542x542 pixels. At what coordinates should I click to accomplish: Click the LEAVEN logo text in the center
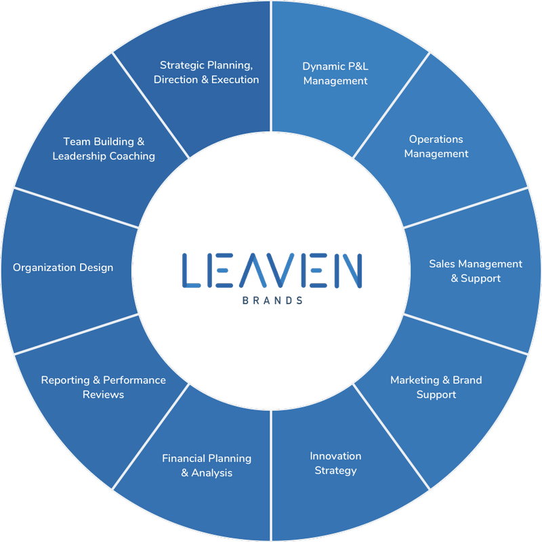click(272, 269)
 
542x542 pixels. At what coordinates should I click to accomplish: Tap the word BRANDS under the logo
click(272, 299)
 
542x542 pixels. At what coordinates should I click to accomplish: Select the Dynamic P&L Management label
click(335, 73)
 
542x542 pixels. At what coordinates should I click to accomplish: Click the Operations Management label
click(436, 146)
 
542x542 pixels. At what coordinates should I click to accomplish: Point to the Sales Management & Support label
click(476, 271)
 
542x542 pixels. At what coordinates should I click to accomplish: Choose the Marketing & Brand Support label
click(436, 387)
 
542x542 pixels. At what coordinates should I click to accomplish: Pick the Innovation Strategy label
click(335, 463)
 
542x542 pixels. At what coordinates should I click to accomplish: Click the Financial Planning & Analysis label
click(207, 465)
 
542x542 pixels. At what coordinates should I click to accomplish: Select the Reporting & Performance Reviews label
click(103, 387)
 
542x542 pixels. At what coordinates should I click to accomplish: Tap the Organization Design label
click(63, 268)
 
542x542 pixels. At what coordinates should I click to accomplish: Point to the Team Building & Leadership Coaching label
click(104, 148)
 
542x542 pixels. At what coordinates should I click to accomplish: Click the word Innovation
click(335, 456)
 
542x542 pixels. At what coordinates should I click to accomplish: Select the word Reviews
click(103, 394)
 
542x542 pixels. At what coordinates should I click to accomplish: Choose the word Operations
click(436, 139)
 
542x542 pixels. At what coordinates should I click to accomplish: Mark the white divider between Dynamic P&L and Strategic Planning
click(271, 68)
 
